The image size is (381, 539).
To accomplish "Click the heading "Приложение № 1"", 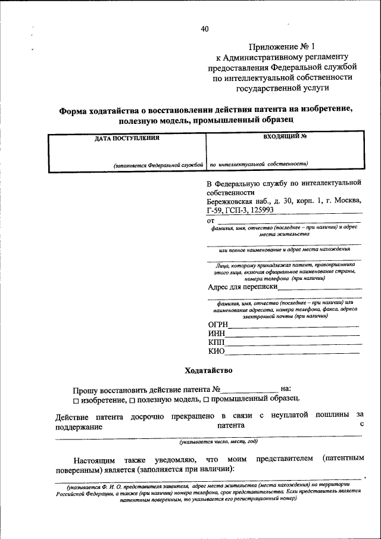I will (284, 46).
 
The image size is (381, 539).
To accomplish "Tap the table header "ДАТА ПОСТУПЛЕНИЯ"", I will (127, 138).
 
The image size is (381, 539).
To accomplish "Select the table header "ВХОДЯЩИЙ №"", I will (284, 136).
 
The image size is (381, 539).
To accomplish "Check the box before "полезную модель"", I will (133, 399).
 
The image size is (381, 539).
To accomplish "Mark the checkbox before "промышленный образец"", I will (206, 399).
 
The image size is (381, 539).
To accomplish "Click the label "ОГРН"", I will (218, 324).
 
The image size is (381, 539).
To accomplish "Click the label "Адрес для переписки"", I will (243, 287).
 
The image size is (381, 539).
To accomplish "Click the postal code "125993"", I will (258, 211).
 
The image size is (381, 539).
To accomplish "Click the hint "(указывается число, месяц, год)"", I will (218, 442).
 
